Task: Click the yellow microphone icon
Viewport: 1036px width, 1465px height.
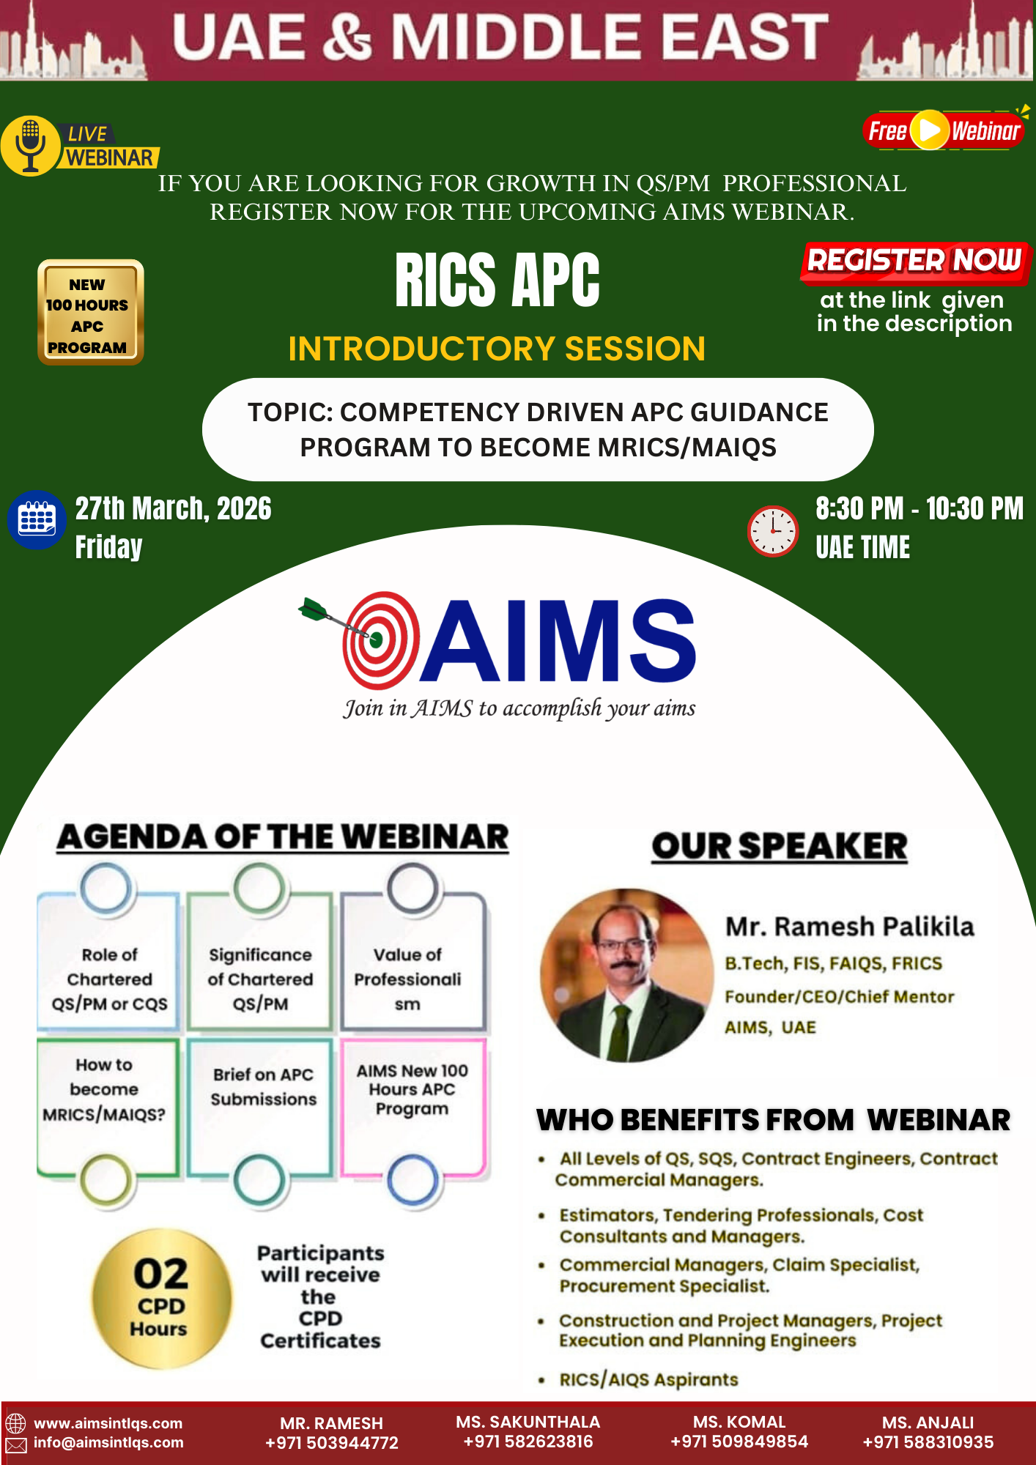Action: pos(30,146)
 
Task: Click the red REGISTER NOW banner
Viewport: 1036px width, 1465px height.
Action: pos(915,262)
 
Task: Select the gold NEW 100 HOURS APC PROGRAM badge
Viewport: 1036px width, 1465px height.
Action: pos(91,312)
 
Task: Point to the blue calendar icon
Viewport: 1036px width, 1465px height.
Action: pos(36,519)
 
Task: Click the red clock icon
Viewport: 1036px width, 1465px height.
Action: pos(772,530)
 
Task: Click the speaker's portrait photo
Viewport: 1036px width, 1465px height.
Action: pos(626,976)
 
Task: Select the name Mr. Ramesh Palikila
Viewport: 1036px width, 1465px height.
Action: pos(849,927)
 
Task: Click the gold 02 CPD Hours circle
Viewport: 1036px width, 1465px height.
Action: pos(162,1298)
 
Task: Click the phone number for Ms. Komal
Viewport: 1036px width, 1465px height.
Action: pos(739,1442)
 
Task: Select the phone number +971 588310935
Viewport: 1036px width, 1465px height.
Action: pos(928,1442)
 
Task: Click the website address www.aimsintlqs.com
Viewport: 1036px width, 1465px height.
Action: pos(108,1423)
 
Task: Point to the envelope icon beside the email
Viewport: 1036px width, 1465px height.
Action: pos(16,1444)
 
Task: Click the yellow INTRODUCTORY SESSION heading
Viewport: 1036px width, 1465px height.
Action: pos(497,349)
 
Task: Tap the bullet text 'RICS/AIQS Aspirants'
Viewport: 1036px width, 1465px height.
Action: pos(648,1380)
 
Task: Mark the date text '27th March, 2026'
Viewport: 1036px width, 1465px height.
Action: pos(173,508)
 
